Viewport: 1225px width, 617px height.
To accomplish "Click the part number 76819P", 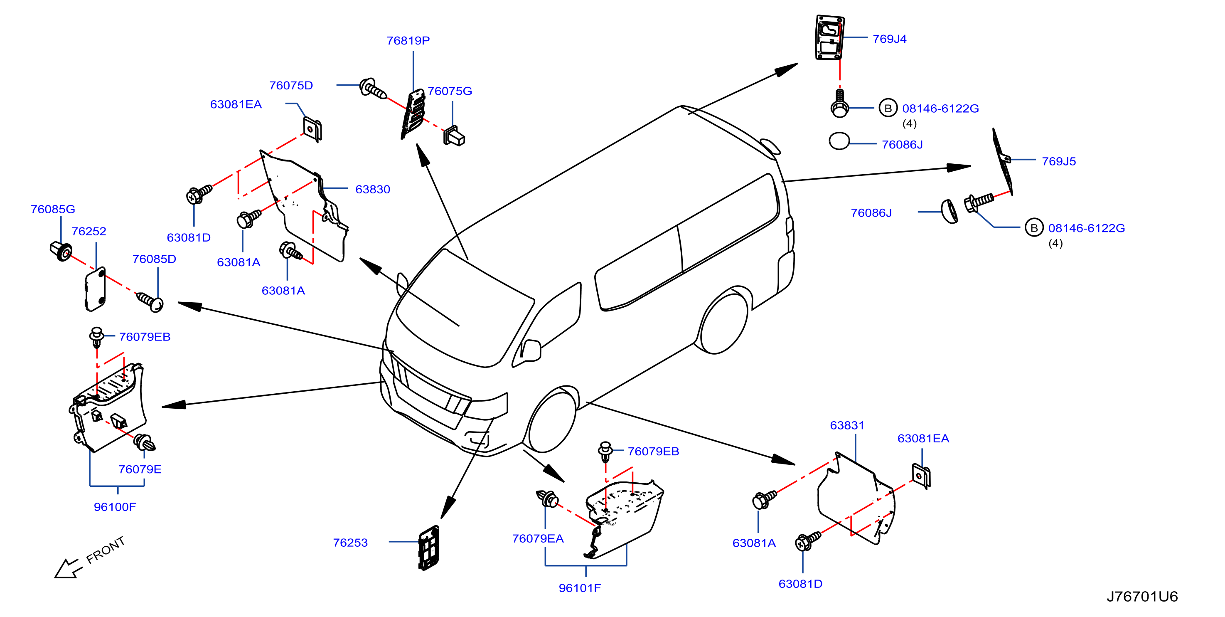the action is coord(408,40).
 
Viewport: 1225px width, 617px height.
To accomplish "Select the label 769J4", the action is coord(889,39).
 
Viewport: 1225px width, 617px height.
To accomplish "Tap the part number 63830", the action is coord(373,189).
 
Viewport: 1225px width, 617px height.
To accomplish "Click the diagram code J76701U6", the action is coord(1142,596).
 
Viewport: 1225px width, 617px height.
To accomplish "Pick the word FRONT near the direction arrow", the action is coord(105,550).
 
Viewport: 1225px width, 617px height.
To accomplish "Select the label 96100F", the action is coord(115,507).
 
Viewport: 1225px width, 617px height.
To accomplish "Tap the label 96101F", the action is coord(580,588).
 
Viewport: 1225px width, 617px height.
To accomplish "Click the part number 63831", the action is coord(847,425).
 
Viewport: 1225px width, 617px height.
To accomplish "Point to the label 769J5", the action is coord(1058,161).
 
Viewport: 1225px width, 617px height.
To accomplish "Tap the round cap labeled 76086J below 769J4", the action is coord(839,141).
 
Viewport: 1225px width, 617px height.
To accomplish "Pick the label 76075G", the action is coord(450,91).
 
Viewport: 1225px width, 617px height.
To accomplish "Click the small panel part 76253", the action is coord(429,548).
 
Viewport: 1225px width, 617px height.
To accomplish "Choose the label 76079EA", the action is coord(538,538).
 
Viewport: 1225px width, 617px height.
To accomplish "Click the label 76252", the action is coord(89,231).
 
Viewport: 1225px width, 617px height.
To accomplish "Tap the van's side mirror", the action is coord(531,350).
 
